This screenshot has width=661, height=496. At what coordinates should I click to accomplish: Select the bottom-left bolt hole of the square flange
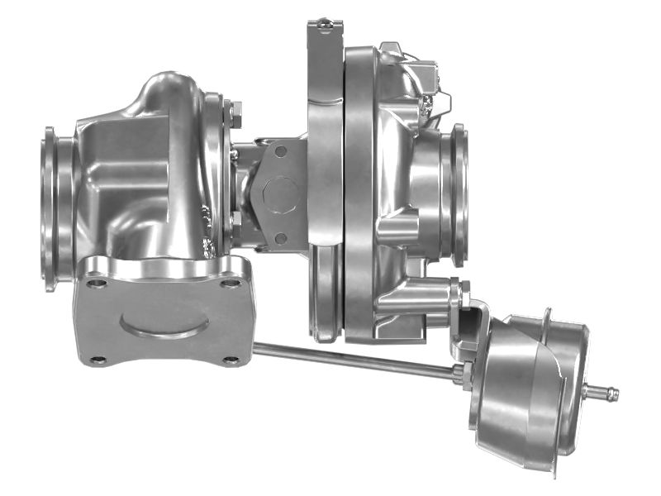click(x=98, y=360)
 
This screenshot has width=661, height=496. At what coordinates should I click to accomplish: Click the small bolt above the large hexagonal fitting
click(x=281, y=151)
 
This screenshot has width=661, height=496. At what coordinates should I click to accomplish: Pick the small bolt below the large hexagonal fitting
click(x=281, y=238)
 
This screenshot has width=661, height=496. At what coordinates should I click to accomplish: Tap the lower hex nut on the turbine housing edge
click(x=235, y=222)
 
